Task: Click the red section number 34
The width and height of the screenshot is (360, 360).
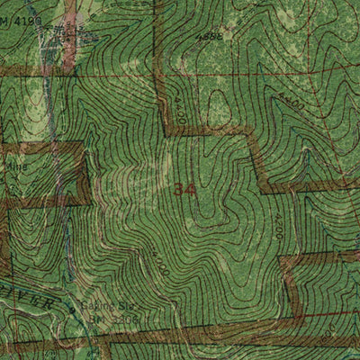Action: (186, 190)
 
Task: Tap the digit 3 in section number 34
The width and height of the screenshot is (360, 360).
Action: (181, 190)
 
